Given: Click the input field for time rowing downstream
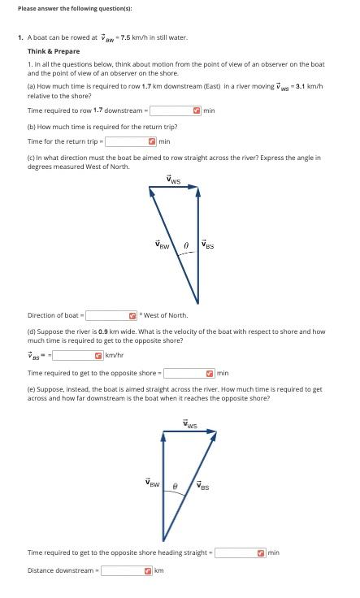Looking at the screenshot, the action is click(171, 110).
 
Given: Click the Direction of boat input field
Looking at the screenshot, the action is click(107, 315).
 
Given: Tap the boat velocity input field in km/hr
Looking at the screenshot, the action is click(73, 355).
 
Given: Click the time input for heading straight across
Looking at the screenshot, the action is click(236, 552).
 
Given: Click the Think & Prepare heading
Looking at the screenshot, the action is click(54, 51).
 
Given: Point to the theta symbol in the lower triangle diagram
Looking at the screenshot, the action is click(175, 485).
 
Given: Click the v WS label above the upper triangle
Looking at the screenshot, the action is click(174, 180).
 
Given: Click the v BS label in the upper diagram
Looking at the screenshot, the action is click(208, 245).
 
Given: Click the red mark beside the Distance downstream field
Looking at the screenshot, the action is click(148, 570).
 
